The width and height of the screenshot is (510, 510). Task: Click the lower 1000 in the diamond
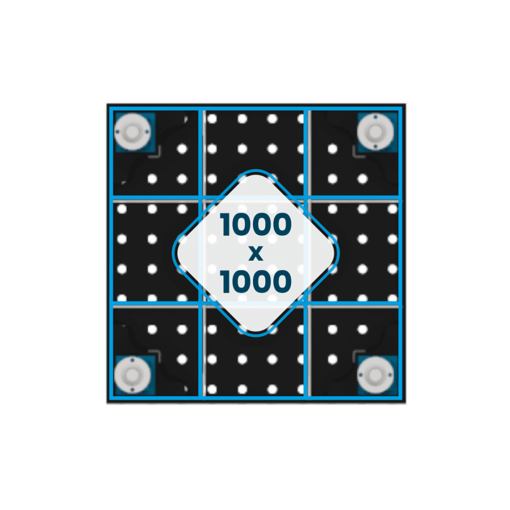[x=256, y=281]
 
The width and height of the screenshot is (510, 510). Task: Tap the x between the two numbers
[x=256, y=253]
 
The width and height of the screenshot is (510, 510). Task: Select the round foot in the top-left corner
[x=133, y=132]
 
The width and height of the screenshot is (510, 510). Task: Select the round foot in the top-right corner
[x=375, y=132]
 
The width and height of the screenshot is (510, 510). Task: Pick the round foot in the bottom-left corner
[x=133, y=375]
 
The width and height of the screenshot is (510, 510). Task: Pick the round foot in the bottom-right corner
[x=375, y=375]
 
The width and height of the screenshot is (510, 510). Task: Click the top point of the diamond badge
[x=256, y=170]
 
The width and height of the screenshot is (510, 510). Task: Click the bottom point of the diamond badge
[x=256, y=336]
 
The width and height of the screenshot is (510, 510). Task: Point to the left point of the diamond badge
[x=172, y=253]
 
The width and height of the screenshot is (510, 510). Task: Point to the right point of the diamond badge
[x=339, y=253]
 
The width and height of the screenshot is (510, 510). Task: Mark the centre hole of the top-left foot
[x=133, y=132]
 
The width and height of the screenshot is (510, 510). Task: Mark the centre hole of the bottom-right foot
[x=375, y=375]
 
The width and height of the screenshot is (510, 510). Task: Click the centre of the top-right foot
[x=375, y=132]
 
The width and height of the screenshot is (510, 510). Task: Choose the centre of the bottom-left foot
[x=133, y=375]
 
